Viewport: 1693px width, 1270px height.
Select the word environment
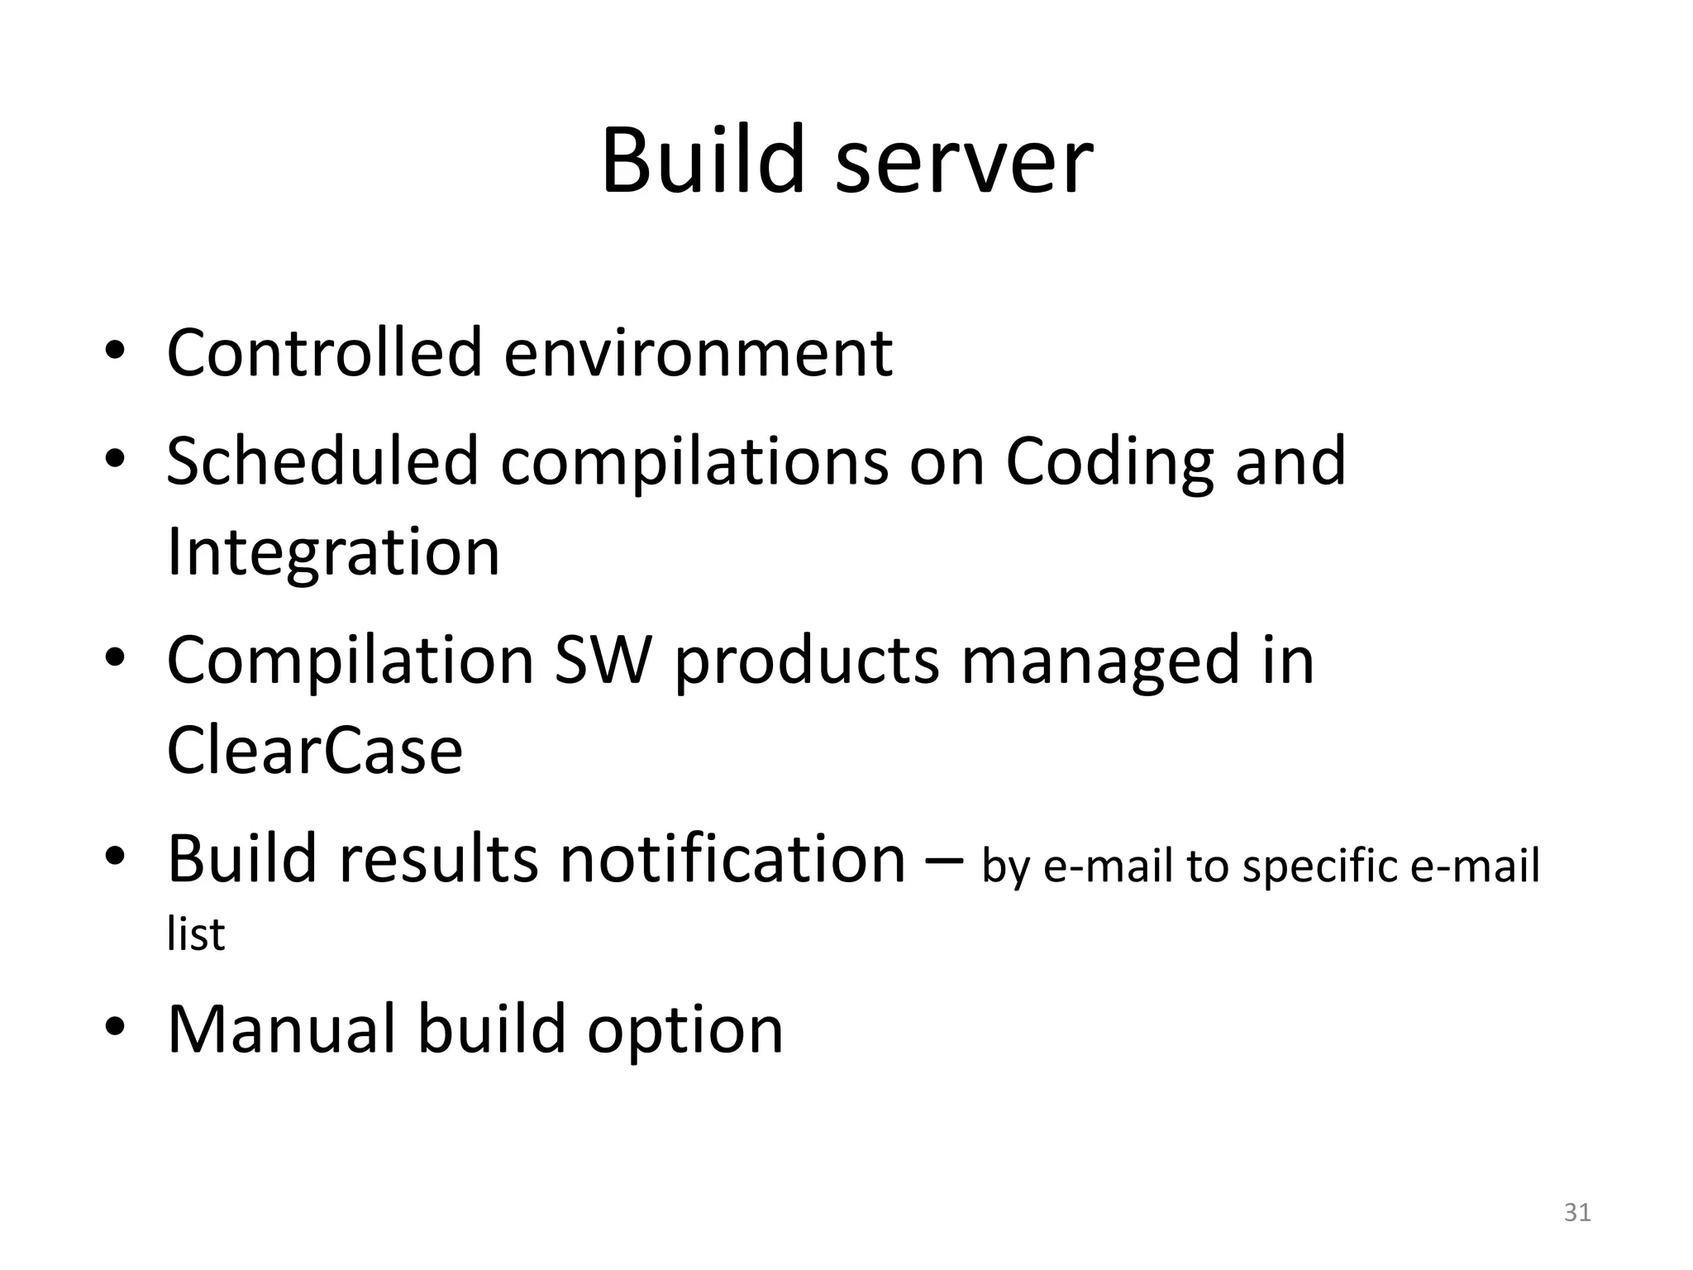(698, 354)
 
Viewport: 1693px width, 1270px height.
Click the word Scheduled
(322, 461)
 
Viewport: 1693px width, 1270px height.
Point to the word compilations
(694, 462)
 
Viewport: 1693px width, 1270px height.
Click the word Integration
(333, 552)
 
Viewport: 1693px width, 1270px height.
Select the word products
(808, 661)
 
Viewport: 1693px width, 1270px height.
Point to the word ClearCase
(314, 751)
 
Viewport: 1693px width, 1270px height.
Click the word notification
(733, 859)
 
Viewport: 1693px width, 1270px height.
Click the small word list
(195, 934)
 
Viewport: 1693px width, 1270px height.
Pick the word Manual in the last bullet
(281, 1029)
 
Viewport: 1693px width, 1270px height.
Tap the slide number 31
(1577, 1212)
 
